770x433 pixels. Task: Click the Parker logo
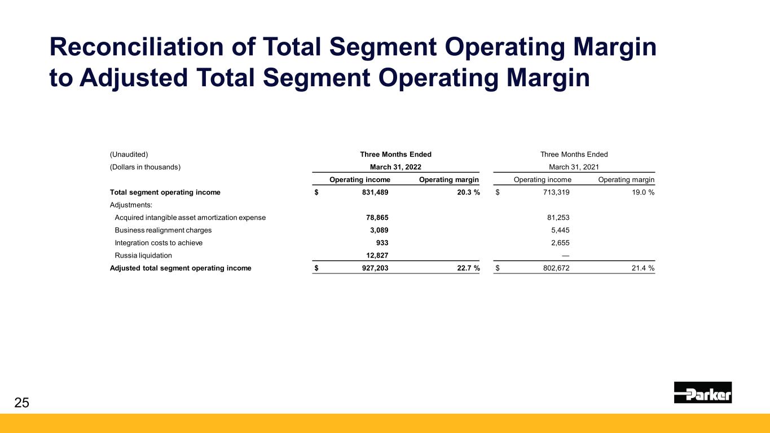click(702, 392)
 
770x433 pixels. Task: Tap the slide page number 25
click(21, 402)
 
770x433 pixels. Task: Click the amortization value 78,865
click(375, 217)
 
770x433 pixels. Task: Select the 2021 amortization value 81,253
click(556, 217)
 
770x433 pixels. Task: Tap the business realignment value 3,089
click(377, 230)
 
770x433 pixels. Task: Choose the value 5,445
click(558, 230)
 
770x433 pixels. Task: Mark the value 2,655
click(558, 243)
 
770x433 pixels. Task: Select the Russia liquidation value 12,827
click(375, 255)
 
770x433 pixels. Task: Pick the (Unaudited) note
click(129, 154)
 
